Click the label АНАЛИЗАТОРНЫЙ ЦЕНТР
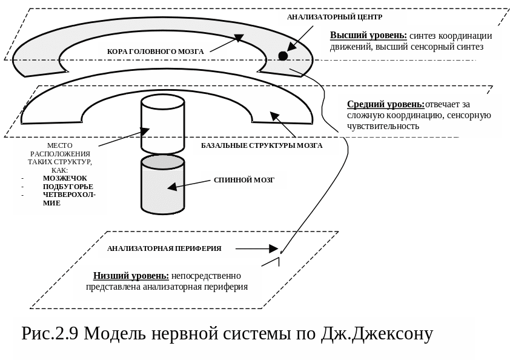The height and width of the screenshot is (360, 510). coord(334,17)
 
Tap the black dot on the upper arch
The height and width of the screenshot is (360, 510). coord(283,56)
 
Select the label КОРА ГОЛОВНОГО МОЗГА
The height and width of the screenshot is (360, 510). coord(155,52)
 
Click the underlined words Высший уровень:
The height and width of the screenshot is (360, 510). coord(368,36)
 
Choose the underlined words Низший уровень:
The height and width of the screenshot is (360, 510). coord(131,276)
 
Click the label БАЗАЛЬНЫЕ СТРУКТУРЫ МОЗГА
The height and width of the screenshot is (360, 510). coord(262,146)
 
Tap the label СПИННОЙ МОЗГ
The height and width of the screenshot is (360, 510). coord(244,180)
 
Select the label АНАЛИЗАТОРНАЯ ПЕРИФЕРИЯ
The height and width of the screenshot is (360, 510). coord(164,248)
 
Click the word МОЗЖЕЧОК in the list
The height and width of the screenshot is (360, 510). coord(65,178)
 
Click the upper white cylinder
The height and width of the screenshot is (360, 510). coord(162,124)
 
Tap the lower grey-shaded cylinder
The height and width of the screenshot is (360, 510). coord(162,185)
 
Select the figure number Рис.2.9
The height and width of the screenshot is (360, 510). coord(50,334)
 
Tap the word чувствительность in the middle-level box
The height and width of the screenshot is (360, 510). coord(383,126)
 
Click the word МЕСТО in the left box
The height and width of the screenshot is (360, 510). coord(59,145)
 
